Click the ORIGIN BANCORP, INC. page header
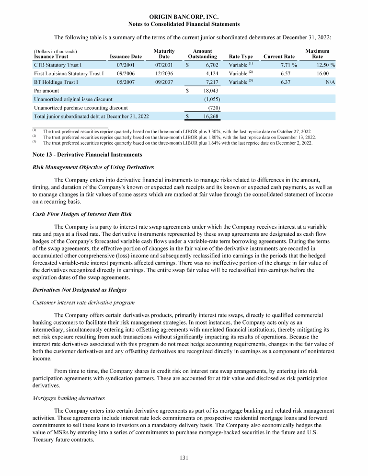tap(184, 17)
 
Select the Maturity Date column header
tap(164, 54)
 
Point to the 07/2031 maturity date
tap(164, 64)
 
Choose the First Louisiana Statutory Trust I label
tap(69, 73)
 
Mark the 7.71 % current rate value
tap(287, 64)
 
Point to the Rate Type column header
tap(241, 57)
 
